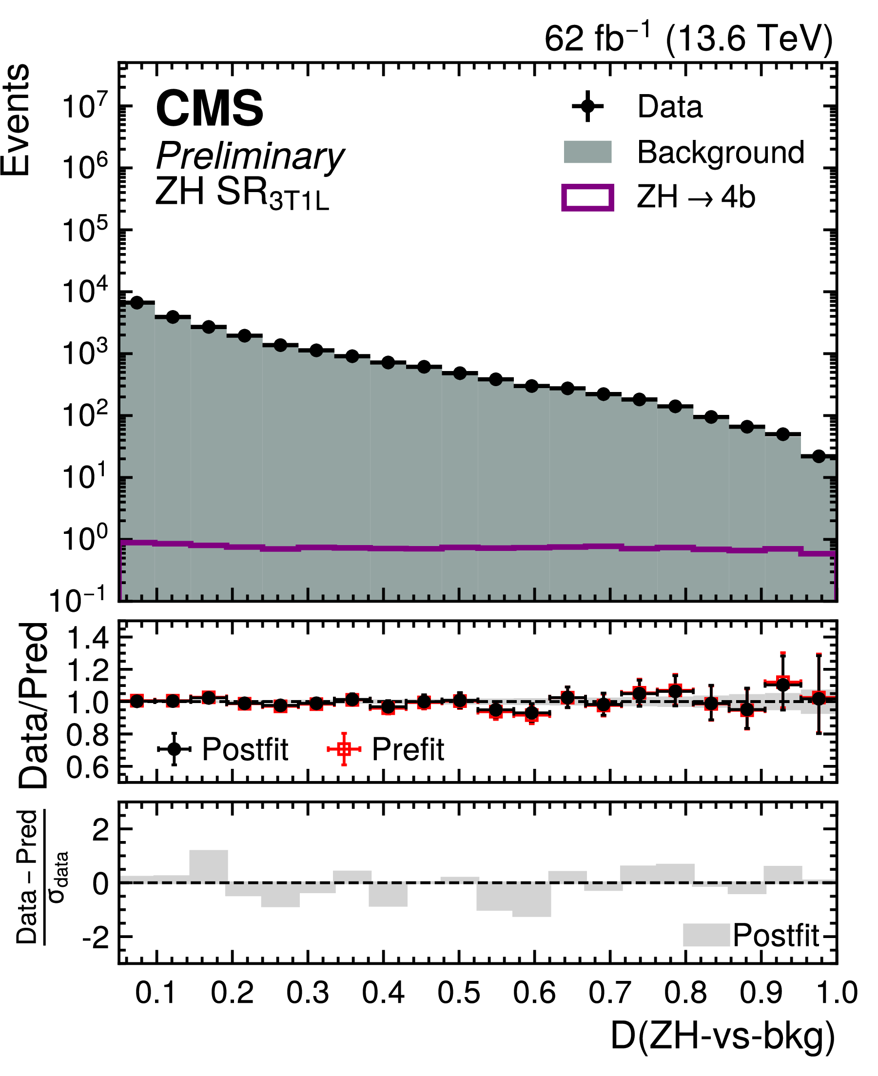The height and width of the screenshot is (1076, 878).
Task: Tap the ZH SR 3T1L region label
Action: (242, 194)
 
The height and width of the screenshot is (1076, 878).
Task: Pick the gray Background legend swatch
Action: (588, 152)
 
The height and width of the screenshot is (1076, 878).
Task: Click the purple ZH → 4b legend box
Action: (588, 197)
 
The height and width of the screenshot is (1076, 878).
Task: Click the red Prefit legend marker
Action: (344, 749)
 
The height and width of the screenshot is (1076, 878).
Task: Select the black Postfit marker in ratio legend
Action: (174, 749)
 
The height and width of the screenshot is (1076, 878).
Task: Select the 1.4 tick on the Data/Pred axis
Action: (87, 638)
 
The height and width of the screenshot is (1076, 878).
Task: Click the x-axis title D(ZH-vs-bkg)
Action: (723, 1037)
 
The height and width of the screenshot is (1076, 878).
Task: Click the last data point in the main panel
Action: (819, 456)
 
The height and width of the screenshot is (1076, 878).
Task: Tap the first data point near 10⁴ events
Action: (137, 302)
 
